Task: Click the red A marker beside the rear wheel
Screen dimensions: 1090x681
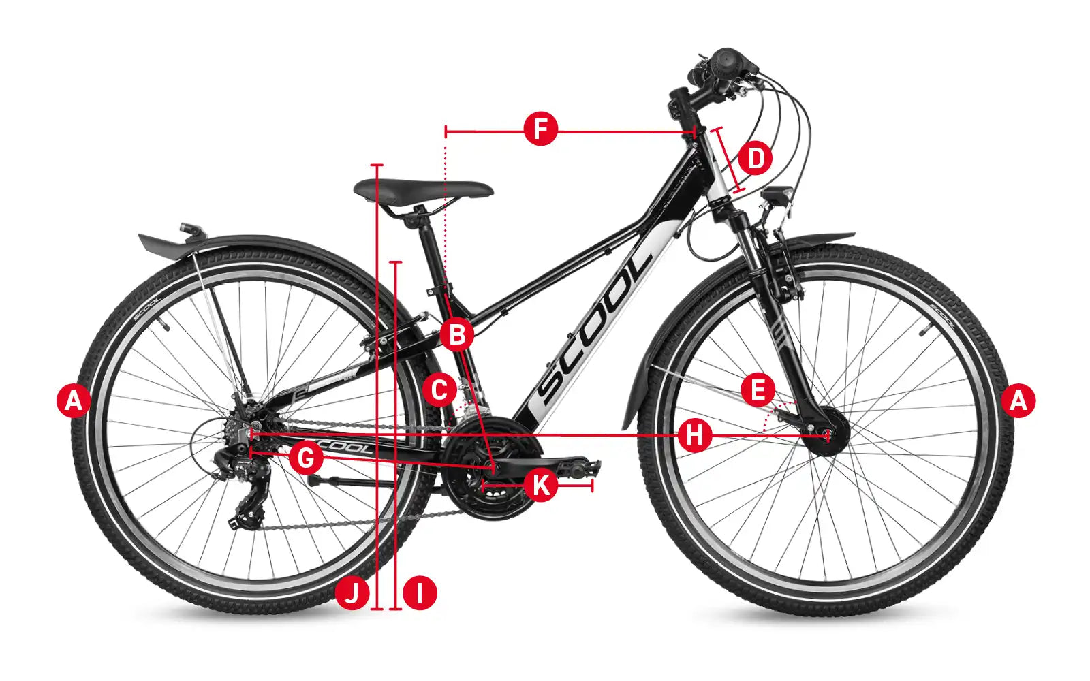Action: [74, 401]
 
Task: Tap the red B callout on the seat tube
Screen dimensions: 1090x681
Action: [456, 334]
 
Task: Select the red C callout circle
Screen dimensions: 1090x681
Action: [439, 390]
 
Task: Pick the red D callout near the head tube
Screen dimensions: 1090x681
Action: [756, 158]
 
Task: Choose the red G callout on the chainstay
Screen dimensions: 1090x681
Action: [306, 458]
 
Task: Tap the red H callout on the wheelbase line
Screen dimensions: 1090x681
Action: [695, 435]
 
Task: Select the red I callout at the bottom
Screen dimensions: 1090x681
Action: [420, 593]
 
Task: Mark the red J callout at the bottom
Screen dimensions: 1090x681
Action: [352, 593]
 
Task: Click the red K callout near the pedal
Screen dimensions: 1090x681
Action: [541, 484]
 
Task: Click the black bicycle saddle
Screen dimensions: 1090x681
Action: [423, 190]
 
